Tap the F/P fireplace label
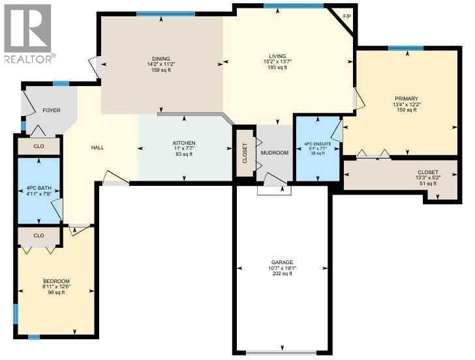346,16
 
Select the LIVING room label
277,57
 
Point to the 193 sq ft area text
277,68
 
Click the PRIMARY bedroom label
405,98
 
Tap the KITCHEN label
184,143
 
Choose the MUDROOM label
275,153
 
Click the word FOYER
52,110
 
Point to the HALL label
97,147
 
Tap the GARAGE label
283,262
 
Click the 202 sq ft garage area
283,273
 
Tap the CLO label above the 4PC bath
38,145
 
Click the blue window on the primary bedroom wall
405,48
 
